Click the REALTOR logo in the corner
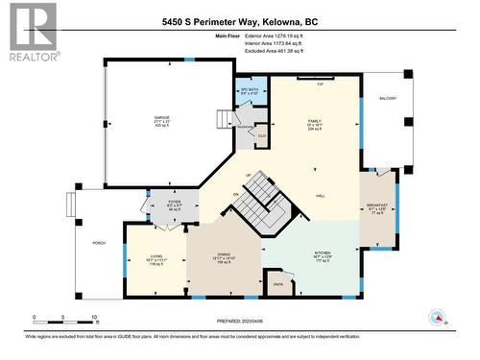32,32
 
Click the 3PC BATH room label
250,90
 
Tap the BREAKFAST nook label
375,204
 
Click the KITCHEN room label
322,252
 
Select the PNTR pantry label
278,285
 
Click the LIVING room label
156,256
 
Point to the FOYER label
175,203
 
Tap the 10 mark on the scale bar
93,317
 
